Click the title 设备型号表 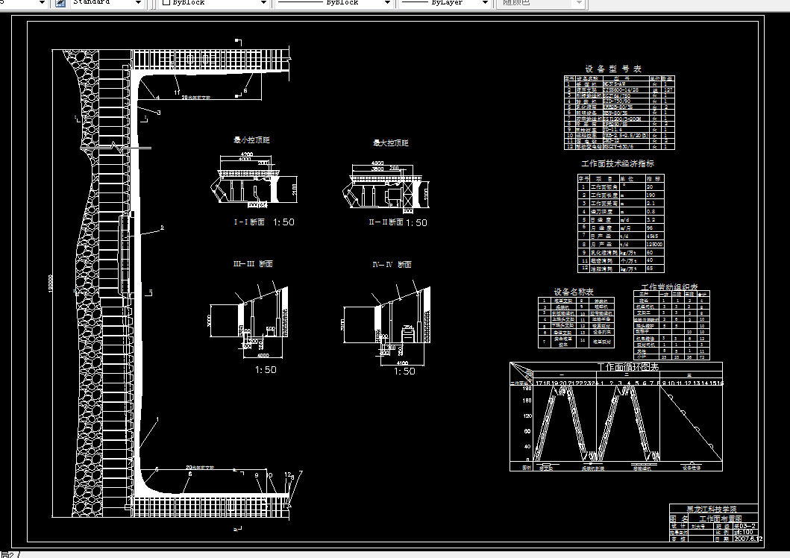[x=613, y=68]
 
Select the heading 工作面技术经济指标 [x=618, y=163]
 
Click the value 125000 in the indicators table [x=654, y=244]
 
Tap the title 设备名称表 [x=573, y=292]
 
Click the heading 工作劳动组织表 [x=669, y=286]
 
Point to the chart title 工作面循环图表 [x=627, y=367]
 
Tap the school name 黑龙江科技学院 [x=712, y=509]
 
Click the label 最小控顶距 [x=251, y=139]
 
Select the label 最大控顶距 [x=391, y=142]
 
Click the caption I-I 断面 [x=250, y=222]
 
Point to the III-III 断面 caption [x=254, y=264]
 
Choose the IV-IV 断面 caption [x=392, y=264]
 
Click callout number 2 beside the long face [x=162, y=228]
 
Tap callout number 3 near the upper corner [x=158, y=112]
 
